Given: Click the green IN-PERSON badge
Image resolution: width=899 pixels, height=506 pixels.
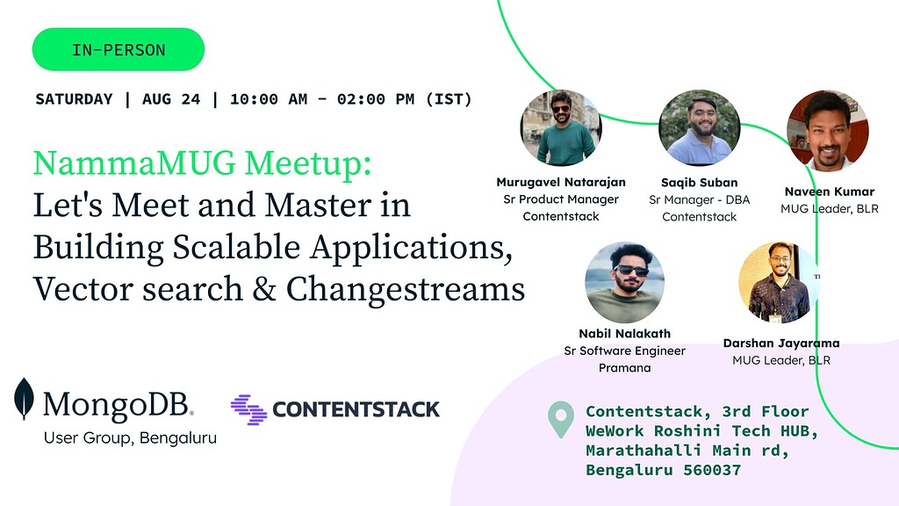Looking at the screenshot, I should [x=119, y=49].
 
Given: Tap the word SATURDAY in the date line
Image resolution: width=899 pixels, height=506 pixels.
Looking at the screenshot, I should [x=74, y=99].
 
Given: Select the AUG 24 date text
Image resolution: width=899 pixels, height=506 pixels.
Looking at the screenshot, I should [x=170, y=99].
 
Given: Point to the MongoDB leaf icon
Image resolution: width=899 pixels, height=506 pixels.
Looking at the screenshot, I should [x=24, y=399].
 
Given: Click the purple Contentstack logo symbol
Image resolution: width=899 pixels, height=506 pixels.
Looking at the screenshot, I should [x=248, y=409].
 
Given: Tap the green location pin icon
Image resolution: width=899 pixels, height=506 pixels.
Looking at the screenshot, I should [x=559, y=420].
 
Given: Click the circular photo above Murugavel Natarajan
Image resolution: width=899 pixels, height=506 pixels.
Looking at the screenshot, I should [x=561, y=128].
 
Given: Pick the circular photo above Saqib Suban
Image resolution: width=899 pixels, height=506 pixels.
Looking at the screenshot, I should [x=699, y=128].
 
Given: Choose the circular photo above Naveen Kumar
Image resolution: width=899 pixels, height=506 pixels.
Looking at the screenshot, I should [x=828, y=130].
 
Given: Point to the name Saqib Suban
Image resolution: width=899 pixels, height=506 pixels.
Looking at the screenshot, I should [x=699, y=183].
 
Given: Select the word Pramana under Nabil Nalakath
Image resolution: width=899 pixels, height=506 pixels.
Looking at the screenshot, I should [x=624, y=368].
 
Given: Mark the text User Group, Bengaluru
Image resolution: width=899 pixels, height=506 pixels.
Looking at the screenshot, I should [x=130, y=437].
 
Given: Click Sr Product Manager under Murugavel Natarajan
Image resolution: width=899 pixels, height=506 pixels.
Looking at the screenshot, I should [x=561, y=199].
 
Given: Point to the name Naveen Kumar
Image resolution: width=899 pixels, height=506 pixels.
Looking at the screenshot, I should [x=829, y=192].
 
